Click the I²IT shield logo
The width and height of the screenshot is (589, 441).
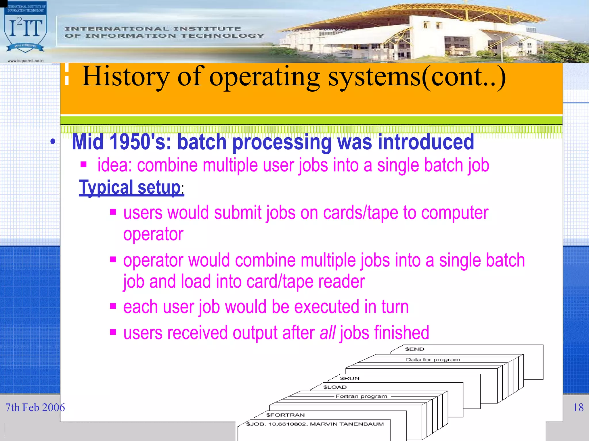[25, 30]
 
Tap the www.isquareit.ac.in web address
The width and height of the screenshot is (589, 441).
[25, 61]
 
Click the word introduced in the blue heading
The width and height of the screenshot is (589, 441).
[426, 142]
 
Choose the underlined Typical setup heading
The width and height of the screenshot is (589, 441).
[131, 187]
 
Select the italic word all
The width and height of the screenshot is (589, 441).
[327, 333]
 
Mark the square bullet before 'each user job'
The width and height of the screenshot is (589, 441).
[113, 306]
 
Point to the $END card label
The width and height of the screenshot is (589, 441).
[414, 349]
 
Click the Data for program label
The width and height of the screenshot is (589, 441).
[433, 359]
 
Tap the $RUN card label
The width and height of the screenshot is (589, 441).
[349, 378]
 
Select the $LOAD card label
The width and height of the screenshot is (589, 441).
[335, 387]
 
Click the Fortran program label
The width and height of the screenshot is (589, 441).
[361, 396]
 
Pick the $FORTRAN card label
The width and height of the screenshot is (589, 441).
[285, 415]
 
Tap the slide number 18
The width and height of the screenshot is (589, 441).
[578, 407]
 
